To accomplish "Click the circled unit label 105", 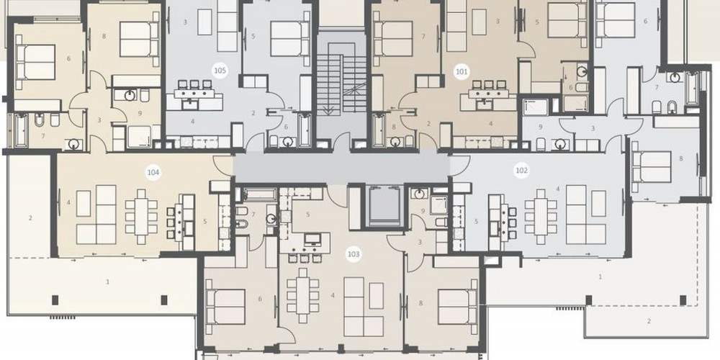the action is pyautogui.click(x=220, y=71).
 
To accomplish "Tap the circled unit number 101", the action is pyautogui.click(x=462, y=71).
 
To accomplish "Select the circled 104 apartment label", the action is pyautogui.click(x=153, y=173).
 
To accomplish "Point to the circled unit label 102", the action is pyautogui.click(x=521, y=171).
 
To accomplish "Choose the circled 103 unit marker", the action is pyautogui.click(x=353, y=254).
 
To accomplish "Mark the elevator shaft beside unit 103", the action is pyautogui.click(x=384, y=206).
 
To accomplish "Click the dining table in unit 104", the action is pyautogui.click(x=141, y=216).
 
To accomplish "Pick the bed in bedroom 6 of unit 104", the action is pyautogui.click(x=36, y=62).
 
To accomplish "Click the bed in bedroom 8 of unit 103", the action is pyautogui.click(x=457, y=306).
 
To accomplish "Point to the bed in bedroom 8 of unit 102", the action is pyautogui.click(x=652, y=167).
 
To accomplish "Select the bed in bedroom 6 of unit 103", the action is pyautogui.click(x=226, y=307).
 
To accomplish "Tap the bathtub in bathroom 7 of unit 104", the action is pyautogui.click(x=21, y=130).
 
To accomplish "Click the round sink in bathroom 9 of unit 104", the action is pyautogui.click(x=130, y=96).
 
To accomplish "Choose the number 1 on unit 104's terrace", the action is pyautogui.click(x=108, y=282).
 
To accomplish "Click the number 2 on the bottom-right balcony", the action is pyautogui.click(x=649, y=321).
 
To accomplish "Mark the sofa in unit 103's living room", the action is pyautogui.click(x=364, y=306).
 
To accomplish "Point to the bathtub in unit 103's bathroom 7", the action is pyautogui.click(x=260, y=194).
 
